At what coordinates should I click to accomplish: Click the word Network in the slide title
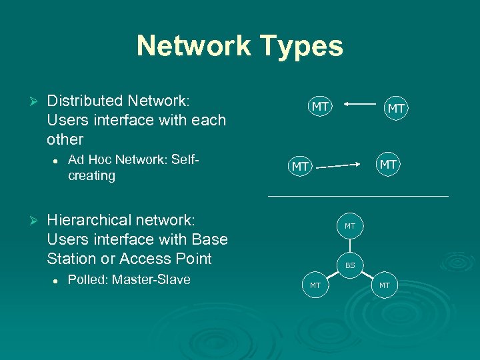pyautogui.click(x=193, y=46)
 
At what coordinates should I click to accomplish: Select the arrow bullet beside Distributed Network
pyautogui.click(x=29, y=101)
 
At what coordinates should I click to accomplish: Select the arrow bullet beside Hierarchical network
pyautogui.click(x=29, y=220)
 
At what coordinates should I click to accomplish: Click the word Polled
pyautogui.click(x=87, y=279)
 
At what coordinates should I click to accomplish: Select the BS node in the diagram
pyautogui.click(x=350, y=266)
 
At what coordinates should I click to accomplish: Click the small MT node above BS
pyautogui.click(x=350, y=227)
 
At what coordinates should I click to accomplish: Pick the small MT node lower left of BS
pyautogui.click(x=315, y=286)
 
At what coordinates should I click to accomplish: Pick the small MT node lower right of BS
pyautogui.click(x=385, y=286)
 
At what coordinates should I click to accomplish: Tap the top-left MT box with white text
pyautogui.click(x=320, y=106)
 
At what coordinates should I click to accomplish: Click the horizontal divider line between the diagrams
pyautogui.click(x=358, y=196)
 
